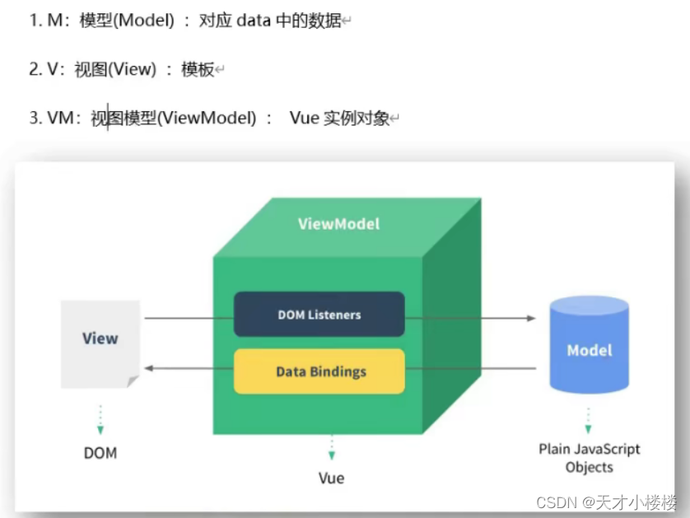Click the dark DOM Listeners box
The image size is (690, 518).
click(x=319, y=314)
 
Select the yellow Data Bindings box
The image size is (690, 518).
click(x=319, y=371)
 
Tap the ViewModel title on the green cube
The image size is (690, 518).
click(x=338, y=223)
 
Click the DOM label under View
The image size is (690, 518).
click(x=100, y=453)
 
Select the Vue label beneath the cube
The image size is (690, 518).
click(x=331, y=478)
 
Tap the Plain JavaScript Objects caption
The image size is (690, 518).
click(x=589, y=458)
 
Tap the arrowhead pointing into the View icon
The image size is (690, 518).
click(x=148, y=370)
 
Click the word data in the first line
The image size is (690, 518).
click(x=254, y=21)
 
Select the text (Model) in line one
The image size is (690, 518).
click(x=144, y=21)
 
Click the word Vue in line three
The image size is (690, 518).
click(x=304, y=118)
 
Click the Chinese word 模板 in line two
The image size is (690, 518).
click(x=198, y=70)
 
